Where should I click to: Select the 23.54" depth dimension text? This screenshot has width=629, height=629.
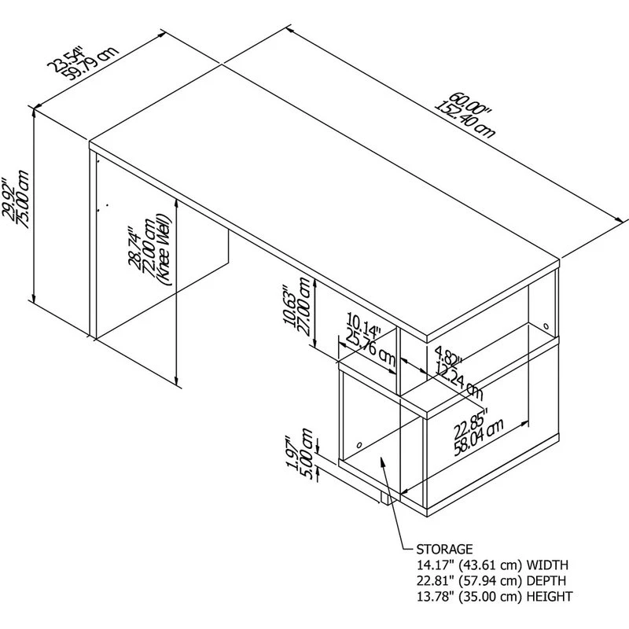point(65,59)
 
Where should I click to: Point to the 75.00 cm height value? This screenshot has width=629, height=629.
point(23,200)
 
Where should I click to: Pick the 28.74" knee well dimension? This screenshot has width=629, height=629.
point(134,248)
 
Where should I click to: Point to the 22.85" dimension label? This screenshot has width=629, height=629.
point(470,424)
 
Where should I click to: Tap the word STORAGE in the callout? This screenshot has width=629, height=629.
point(444,549)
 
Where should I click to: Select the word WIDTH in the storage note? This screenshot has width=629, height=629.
point(547,565)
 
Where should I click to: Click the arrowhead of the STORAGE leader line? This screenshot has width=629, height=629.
point(381,462)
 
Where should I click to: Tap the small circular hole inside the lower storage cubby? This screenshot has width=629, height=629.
point(359,445)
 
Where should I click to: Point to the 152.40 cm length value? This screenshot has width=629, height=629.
point(465,120)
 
